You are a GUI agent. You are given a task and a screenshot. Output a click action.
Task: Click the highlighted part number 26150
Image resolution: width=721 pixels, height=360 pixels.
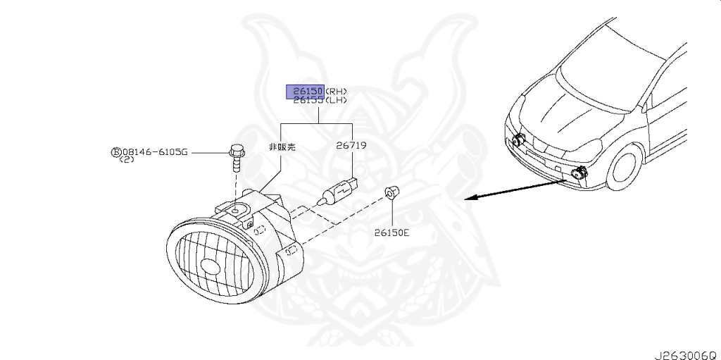click(x=304, y=91)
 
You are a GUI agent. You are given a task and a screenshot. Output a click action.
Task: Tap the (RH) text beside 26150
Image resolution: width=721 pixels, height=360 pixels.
click(x=336, y=91)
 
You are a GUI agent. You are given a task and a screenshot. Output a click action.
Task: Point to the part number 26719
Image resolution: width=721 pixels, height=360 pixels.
click(x=351, y=146)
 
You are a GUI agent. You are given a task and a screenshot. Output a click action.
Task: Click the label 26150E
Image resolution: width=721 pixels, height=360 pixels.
click(x=391, y=232)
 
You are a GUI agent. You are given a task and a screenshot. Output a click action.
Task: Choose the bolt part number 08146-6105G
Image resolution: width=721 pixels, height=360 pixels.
click(x=154, y=151)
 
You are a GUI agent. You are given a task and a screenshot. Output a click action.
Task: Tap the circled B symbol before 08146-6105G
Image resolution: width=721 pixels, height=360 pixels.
click(x=115, y=151)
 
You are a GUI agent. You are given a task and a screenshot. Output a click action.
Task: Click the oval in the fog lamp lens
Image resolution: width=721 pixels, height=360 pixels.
click(x=211, y=266)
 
